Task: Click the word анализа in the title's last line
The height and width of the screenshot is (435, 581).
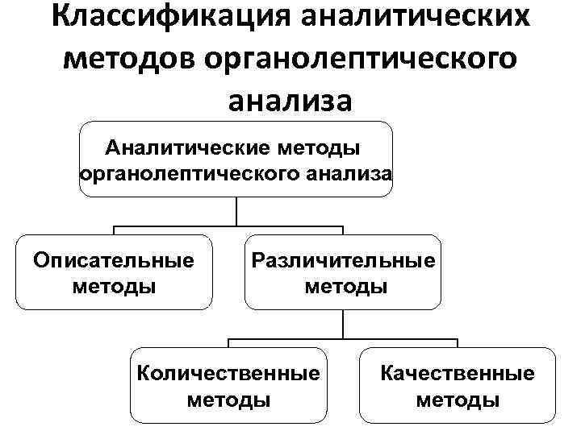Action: [x=290, y=101]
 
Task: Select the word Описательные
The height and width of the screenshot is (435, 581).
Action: [x=114, y=260]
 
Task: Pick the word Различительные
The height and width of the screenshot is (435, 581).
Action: [x=344, y=260]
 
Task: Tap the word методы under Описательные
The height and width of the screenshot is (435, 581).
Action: [x=114, y=286]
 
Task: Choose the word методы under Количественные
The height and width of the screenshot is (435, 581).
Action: [x=229, y=400]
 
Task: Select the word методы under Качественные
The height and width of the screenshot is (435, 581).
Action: [x=458, y=400]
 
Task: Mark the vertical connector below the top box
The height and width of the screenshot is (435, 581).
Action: [x=236, y=211]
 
